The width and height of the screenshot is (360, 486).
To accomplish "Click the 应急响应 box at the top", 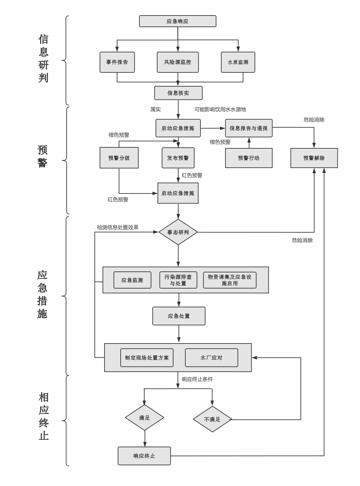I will (x=178, y=21).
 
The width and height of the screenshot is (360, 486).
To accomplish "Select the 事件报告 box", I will (x=117, y=62).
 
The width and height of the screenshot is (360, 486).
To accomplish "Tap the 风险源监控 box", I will (x=178, y=62).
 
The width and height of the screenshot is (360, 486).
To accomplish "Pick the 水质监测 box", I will (x=238, y=62).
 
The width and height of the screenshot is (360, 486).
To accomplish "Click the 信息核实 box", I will (x=178, y=93).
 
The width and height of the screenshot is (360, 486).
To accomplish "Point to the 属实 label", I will (x=156, y=110).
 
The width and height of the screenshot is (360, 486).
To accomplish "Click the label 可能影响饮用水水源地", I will (x=220, y=110).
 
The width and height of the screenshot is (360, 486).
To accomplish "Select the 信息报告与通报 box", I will (x=249, y=128).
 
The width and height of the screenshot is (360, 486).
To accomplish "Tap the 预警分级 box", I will (x=119, y=158).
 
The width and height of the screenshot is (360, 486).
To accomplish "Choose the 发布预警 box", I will (x=178, y=158).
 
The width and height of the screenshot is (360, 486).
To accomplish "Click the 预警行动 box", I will (x=249, y=158).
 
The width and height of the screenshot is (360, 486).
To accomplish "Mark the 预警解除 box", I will (x=314, y=158).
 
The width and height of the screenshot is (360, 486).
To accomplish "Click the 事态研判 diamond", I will (x=178, y=232).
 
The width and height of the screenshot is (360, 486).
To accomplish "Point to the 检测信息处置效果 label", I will (x=118, y=227).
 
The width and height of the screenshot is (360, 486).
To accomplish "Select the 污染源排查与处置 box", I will (x=178, y=280).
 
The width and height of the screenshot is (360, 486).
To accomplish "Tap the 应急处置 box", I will (x=179, y=316).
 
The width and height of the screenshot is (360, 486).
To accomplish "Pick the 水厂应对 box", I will (x=212, y=358).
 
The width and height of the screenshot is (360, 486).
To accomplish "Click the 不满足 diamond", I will (x=213, y=419).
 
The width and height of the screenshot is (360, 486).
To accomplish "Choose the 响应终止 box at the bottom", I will (x=144, y=456).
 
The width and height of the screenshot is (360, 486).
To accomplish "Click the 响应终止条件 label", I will (x=197, y=379).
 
